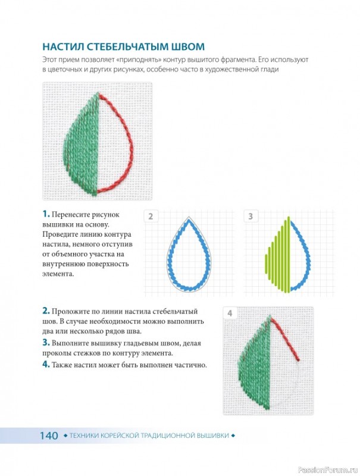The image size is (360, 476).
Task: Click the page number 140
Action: (49, 436)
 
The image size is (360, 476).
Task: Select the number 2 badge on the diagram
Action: (151, 217)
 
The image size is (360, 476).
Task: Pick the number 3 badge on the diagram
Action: (251, 217)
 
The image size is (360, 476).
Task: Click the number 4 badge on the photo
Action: (230, 314)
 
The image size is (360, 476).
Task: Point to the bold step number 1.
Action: (46, 214)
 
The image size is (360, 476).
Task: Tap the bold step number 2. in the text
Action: (46, 311)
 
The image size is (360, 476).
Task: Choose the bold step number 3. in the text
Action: (46, 343)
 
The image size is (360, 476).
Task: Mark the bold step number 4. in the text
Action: (46, 364)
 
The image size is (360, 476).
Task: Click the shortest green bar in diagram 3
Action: (267, 262)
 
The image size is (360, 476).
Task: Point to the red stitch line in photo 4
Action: (285, 339)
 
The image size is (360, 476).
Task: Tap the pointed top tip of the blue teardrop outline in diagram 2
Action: (189, 220)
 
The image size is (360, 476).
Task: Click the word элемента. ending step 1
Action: (58, 274)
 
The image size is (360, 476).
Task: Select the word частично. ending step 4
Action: (190, 365)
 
